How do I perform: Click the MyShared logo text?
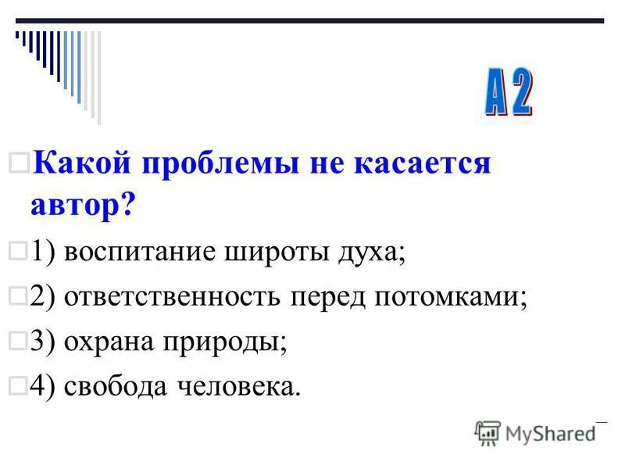pyautogui.click(x=547, y=431)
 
